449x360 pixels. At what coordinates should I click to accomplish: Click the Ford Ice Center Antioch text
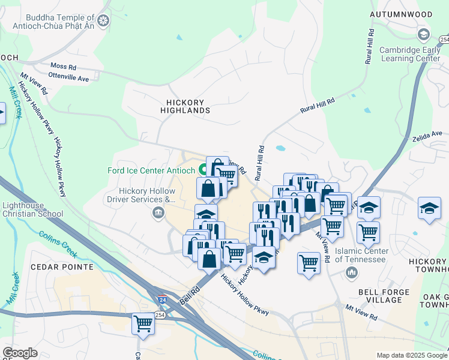point(152,170)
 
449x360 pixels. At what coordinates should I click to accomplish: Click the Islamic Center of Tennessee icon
point(351,272)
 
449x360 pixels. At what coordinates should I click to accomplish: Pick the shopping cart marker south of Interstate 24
point(143,323)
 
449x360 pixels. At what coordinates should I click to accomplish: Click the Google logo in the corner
point(20,353)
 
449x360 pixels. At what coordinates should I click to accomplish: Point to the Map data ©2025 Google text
point(411,355)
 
